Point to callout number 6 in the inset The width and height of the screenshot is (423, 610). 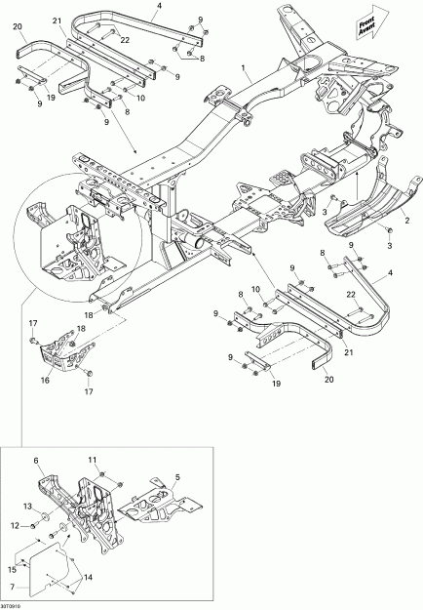(x=36, y=460)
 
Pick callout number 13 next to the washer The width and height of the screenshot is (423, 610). (x=29, y=507)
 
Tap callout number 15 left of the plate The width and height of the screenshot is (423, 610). (x=14, y=569)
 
